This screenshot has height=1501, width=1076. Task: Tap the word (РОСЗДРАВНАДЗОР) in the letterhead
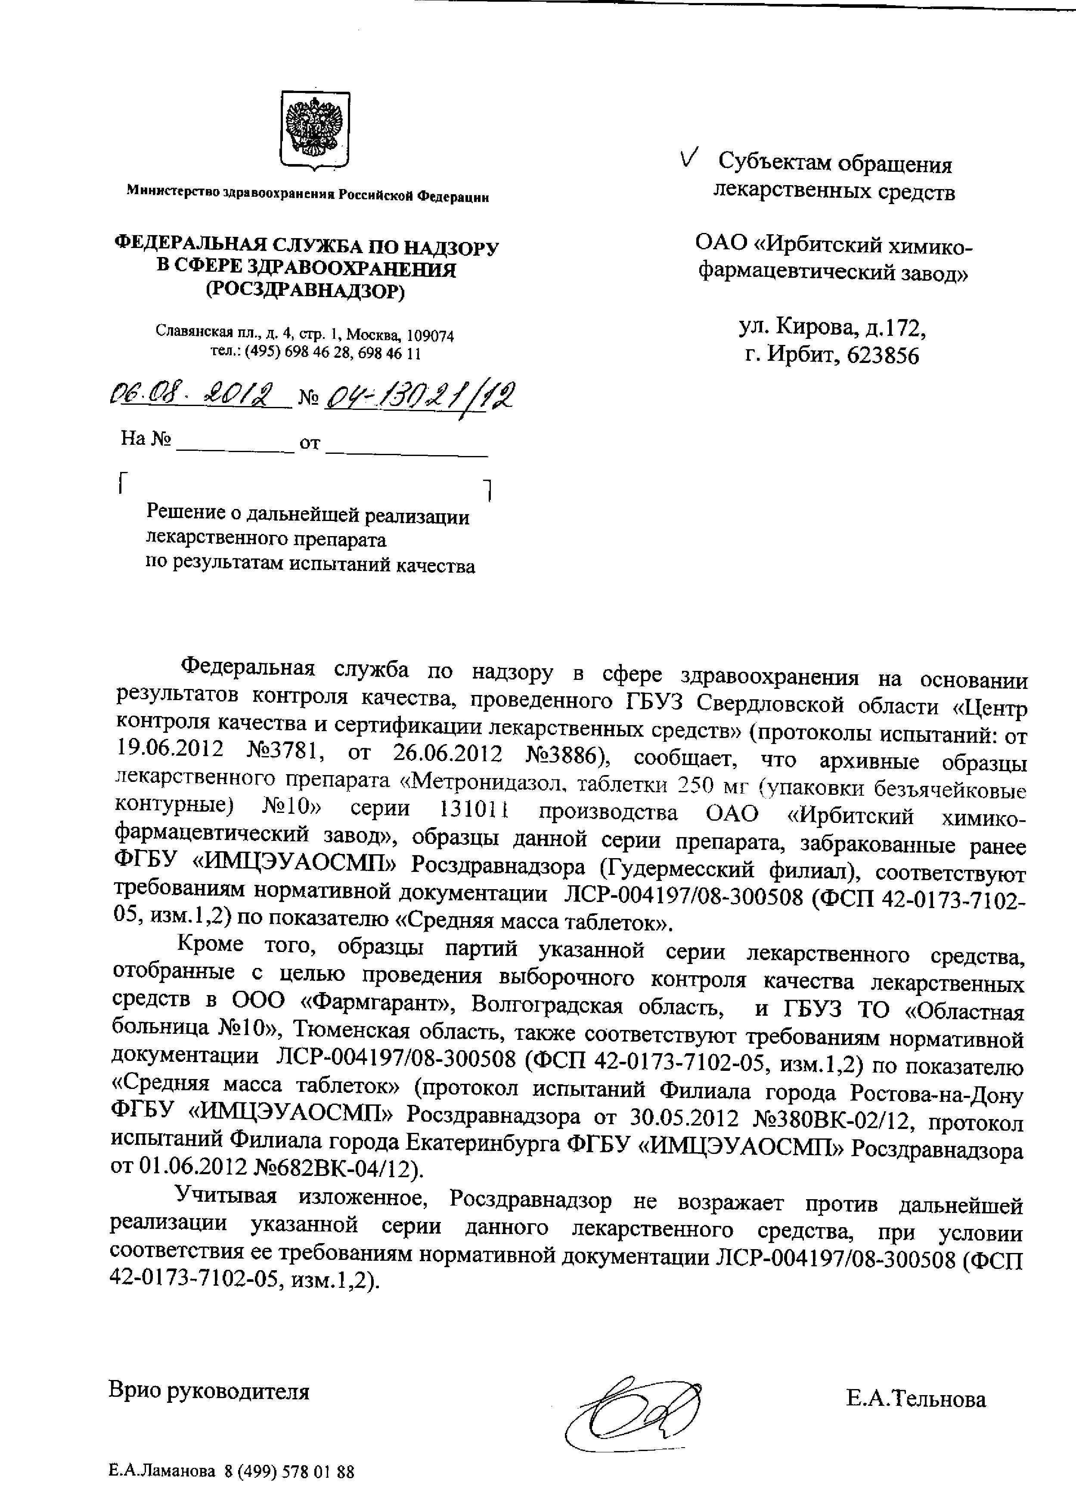[x=305, y=291]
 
